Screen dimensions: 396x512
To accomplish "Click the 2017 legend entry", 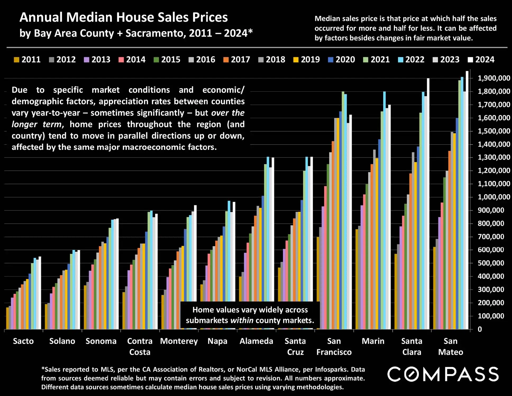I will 237,60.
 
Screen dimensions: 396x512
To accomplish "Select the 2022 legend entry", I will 411,60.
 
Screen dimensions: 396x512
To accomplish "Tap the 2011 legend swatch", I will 17,60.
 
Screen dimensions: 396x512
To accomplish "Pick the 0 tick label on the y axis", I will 480,329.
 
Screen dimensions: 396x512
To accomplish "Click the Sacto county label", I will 23,341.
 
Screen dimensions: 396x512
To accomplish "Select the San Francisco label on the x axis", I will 334,346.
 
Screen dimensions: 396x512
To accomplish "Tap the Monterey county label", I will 179,341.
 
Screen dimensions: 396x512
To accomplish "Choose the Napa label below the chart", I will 217,341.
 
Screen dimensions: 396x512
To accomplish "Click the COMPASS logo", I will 443,374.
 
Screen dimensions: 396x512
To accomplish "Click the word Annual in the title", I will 41,17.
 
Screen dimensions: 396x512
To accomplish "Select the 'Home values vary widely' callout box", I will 250,315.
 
